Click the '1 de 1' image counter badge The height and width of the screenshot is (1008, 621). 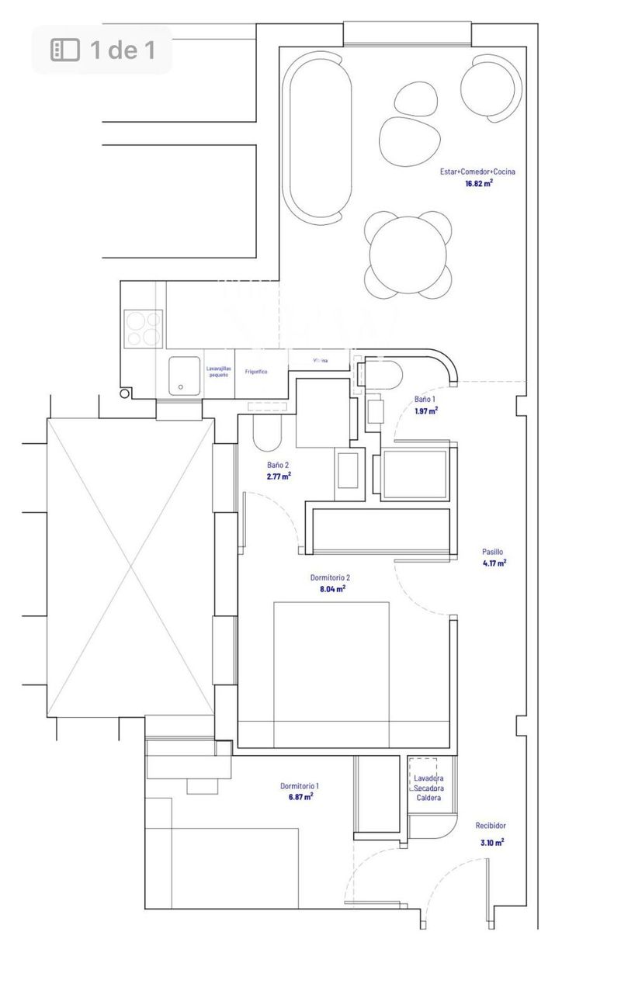(x=102, y=50)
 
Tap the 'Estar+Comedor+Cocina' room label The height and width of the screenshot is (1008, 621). (x=479, y=171)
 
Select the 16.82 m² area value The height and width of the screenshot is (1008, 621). (x=479, y=184)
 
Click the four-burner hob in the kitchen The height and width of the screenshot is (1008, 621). (x=144, y=328)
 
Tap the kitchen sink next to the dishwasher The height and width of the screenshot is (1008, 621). (x=185, y=376)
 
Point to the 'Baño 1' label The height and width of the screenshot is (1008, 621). (x=425, y=400)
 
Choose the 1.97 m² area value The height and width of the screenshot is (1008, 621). (x=425, y=410)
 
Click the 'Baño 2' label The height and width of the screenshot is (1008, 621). (x=278, y=466)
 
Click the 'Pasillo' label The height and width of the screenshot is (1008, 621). (x=493, y=552)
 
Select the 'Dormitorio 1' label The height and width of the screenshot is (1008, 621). (x=300, y=786)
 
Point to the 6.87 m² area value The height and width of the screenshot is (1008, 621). (x=300, y=797)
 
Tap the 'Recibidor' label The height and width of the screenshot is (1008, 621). (x=491, y=826)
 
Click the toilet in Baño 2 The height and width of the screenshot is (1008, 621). (x=267, y=436)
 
